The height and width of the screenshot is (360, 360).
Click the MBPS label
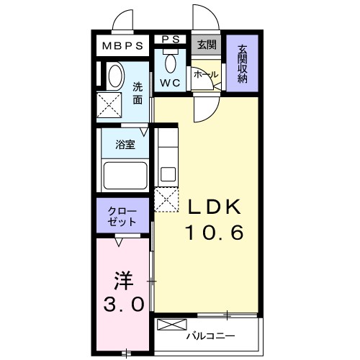point(123,46)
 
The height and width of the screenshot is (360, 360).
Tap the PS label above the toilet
point(171,39)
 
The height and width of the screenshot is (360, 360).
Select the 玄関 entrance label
point(207,44)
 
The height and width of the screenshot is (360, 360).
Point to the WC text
point(170,83)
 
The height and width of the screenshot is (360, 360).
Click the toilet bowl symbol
point(171,63)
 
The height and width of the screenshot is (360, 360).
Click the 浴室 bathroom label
point(125,145)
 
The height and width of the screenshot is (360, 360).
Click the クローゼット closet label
point(124,215)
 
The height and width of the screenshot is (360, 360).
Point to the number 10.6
point(214,233)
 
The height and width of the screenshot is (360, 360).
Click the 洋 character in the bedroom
point(124,277)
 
